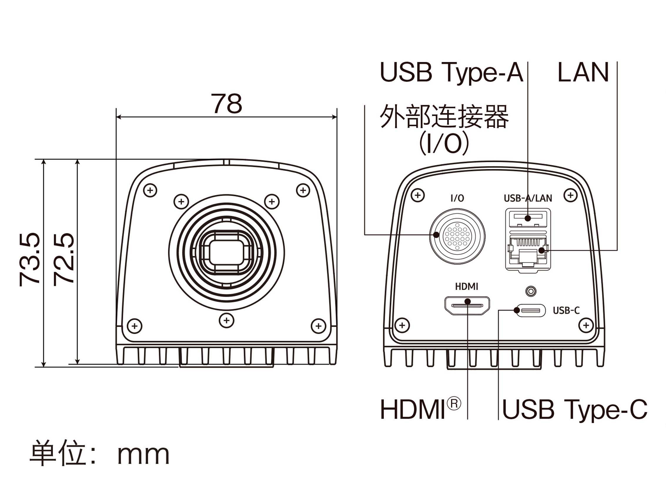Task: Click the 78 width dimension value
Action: point(226,103)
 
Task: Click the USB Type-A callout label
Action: point(451,72)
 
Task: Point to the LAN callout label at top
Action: point(583,72)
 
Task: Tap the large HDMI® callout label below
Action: point(420,409)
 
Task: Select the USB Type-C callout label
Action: point(575,409)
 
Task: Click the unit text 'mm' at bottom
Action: point(143,455)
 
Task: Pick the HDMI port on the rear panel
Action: point(467,306)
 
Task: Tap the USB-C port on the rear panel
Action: point(531,310)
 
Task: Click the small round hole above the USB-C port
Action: point(531,291)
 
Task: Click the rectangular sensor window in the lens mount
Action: point(226,253)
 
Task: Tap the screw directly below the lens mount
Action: point(226,320)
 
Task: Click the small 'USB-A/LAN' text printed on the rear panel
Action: point(528,198)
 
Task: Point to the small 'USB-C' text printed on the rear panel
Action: point(566,310)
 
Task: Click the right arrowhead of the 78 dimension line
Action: point(334,117)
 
